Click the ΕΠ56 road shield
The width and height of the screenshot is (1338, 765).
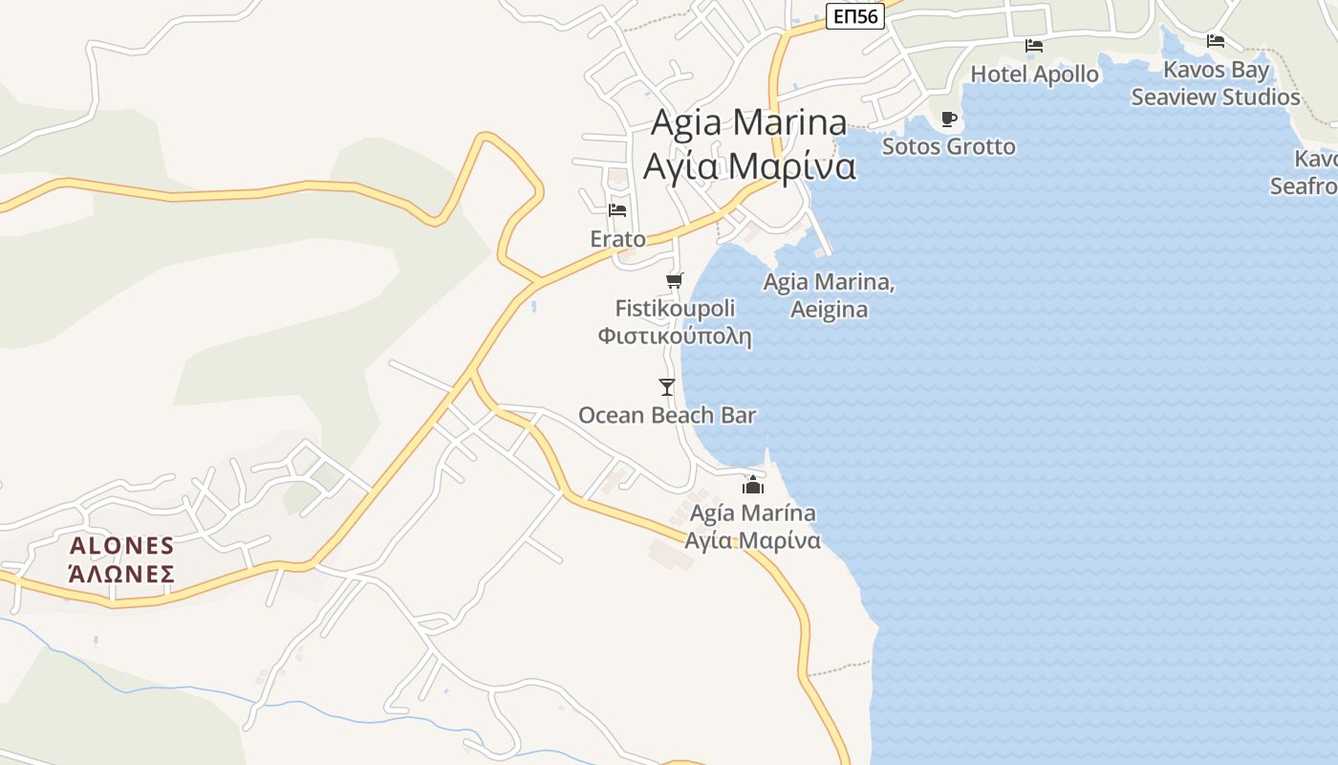pos(854,16)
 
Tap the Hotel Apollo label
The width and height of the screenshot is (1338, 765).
pos(1034,74)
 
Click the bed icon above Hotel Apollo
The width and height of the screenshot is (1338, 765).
pos(1033,45)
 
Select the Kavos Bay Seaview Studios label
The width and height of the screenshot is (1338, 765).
pos(1216,83)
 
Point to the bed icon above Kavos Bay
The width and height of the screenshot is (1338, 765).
pos(1216,41)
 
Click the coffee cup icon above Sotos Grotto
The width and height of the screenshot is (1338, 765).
pos(948,119)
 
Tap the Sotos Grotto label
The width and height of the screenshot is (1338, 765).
pos(948,146)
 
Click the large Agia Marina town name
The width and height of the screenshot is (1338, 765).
pos(749,122)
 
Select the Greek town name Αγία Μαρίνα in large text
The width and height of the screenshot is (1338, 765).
pos(749,165)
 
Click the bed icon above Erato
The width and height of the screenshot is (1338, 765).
pos(617,209)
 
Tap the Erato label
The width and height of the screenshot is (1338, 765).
pos(617,239)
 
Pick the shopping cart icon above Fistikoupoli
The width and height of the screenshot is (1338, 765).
pos(675,280)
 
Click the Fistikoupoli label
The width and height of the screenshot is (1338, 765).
pos(675,309)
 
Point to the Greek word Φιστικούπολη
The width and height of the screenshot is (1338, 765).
pos(675,337)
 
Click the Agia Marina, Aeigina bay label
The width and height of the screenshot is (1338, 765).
pos(829,295)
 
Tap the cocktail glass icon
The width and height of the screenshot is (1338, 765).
pos(667,387)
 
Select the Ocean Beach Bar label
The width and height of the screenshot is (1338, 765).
pos(667,415)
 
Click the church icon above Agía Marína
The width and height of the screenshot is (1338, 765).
pos(753,485)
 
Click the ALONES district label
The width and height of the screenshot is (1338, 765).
pos(122,546)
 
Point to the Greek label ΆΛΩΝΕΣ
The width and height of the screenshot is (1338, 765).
pos(122,574)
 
